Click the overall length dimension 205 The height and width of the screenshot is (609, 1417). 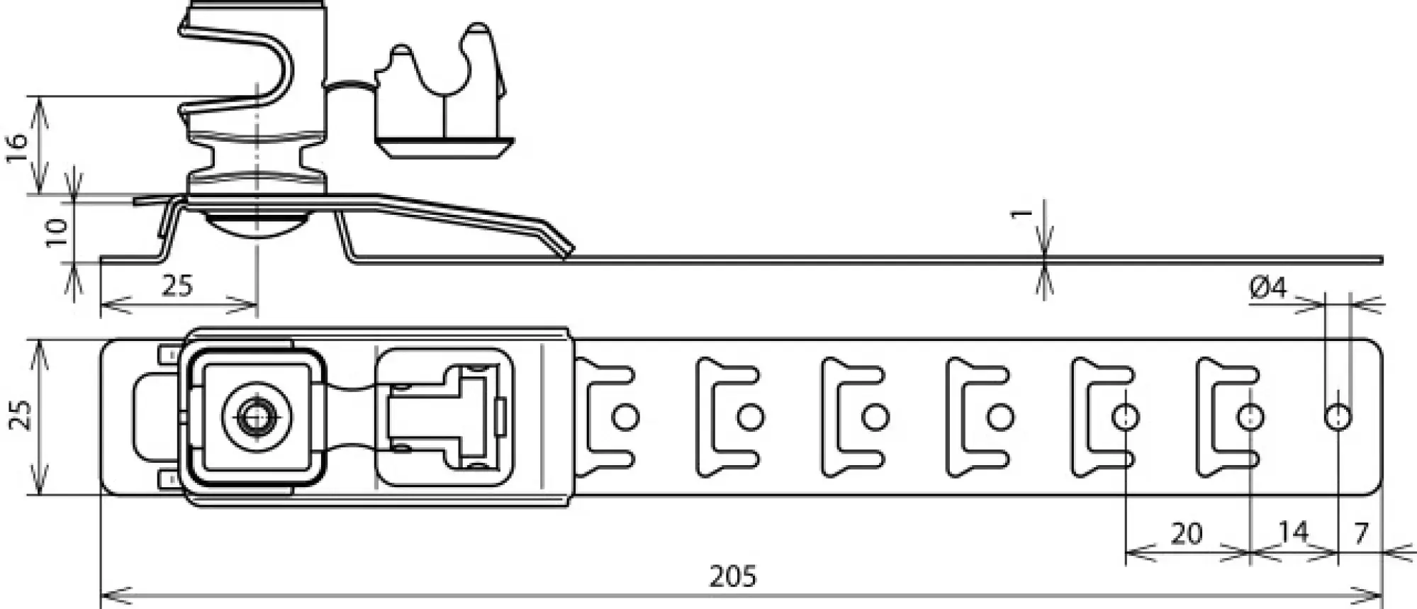[x=733, y=576]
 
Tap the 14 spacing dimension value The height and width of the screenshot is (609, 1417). [x=1293, y=532]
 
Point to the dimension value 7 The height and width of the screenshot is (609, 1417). [x=1360, y=533]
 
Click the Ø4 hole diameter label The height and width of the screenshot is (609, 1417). [x=1267, y=288]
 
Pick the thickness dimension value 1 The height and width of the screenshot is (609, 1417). [x=1021, y=212]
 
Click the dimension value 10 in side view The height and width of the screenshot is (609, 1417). [x=57, y=232]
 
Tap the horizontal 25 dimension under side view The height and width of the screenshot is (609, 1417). [x=177, y=286]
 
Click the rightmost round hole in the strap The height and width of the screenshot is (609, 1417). [x=1338, y=417]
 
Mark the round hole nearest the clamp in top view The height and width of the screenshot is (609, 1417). [x=625, y=417]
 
